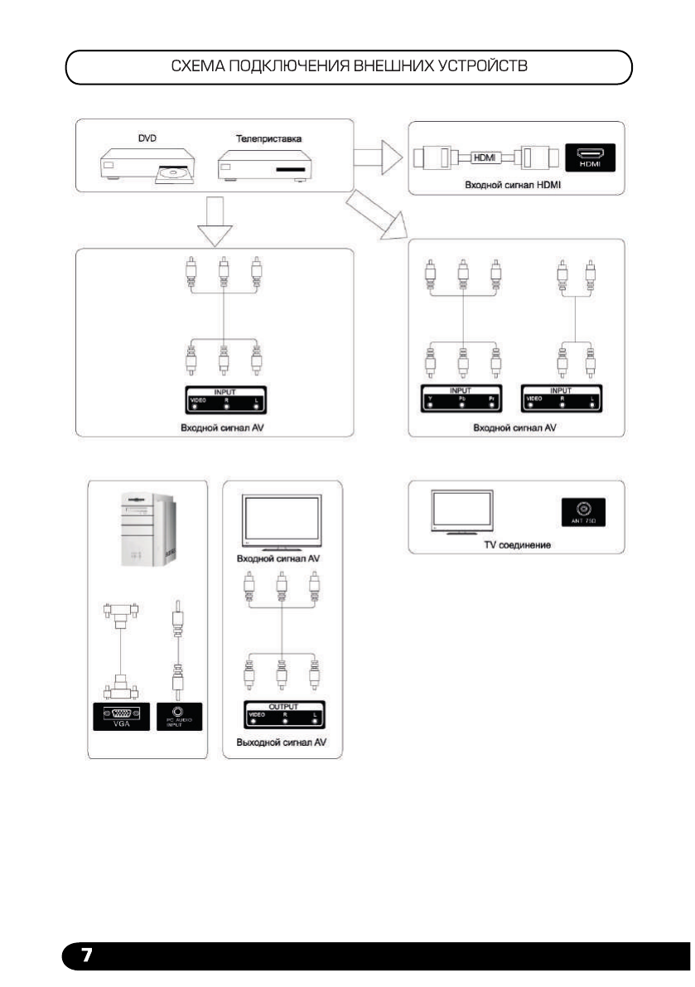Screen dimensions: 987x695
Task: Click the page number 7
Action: (84, 956)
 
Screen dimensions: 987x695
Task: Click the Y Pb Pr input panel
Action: (463, 399)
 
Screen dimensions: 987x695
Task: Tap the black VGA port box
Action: (121, 715)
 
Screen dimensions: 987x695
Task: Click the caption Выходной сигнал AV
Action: (282, 743)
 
